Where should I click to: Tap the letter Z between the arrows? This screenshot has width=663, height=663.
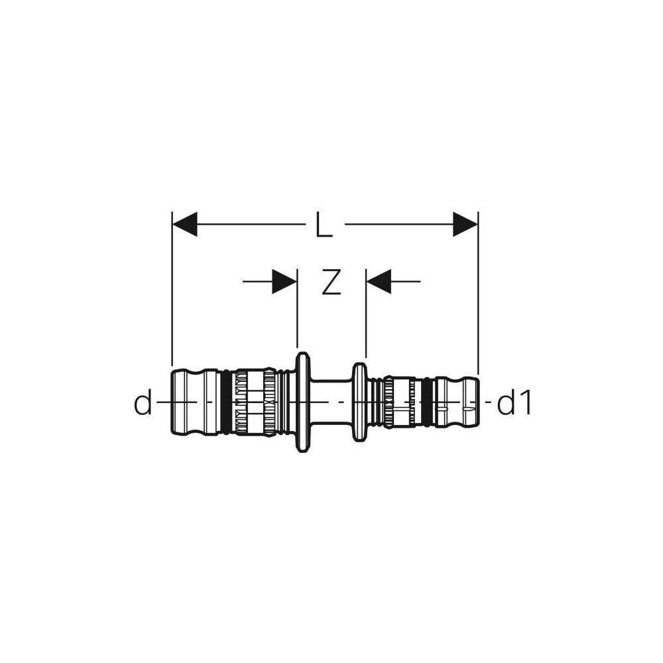[331, 281]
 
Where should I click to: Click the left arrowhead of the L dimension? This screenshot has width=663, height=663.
[185, 224]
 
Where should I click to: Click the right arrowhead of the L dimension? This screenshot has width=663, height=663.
[465, 224]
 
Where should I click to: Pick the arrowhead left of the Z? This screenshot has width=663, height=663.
[284, 281]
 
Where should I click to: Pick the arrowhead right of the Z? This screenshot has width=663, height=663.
[379, 281]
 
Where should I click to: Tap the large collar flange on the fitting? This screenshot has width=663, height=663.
[302, 402]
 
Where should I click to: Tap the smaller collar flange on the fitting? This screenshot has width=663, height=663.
[359, 402]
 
